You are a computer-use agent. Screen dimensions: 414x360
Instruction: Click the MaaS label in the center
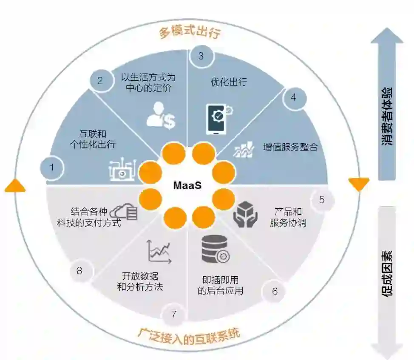coord(187,186)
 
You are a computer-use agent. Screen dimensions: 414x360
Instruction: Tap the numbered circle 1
coord(52,167)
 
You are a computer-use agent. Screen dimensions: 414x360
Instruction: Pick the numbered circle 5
coord(322,199)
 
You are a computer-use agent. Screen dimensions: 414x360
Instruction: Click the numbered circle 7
coord(173,315)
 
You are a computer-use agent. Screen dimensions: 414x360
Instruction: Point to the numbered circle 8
coord(79,270)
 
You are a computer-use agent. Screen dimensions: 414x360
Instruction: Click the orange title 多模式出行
coord(190,33)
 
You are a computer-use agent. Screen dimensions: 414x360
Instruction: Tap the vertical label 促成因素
coord(387,272)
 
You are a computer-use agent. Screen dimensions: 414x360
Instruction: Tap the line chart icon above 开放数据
coord(159,251)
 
